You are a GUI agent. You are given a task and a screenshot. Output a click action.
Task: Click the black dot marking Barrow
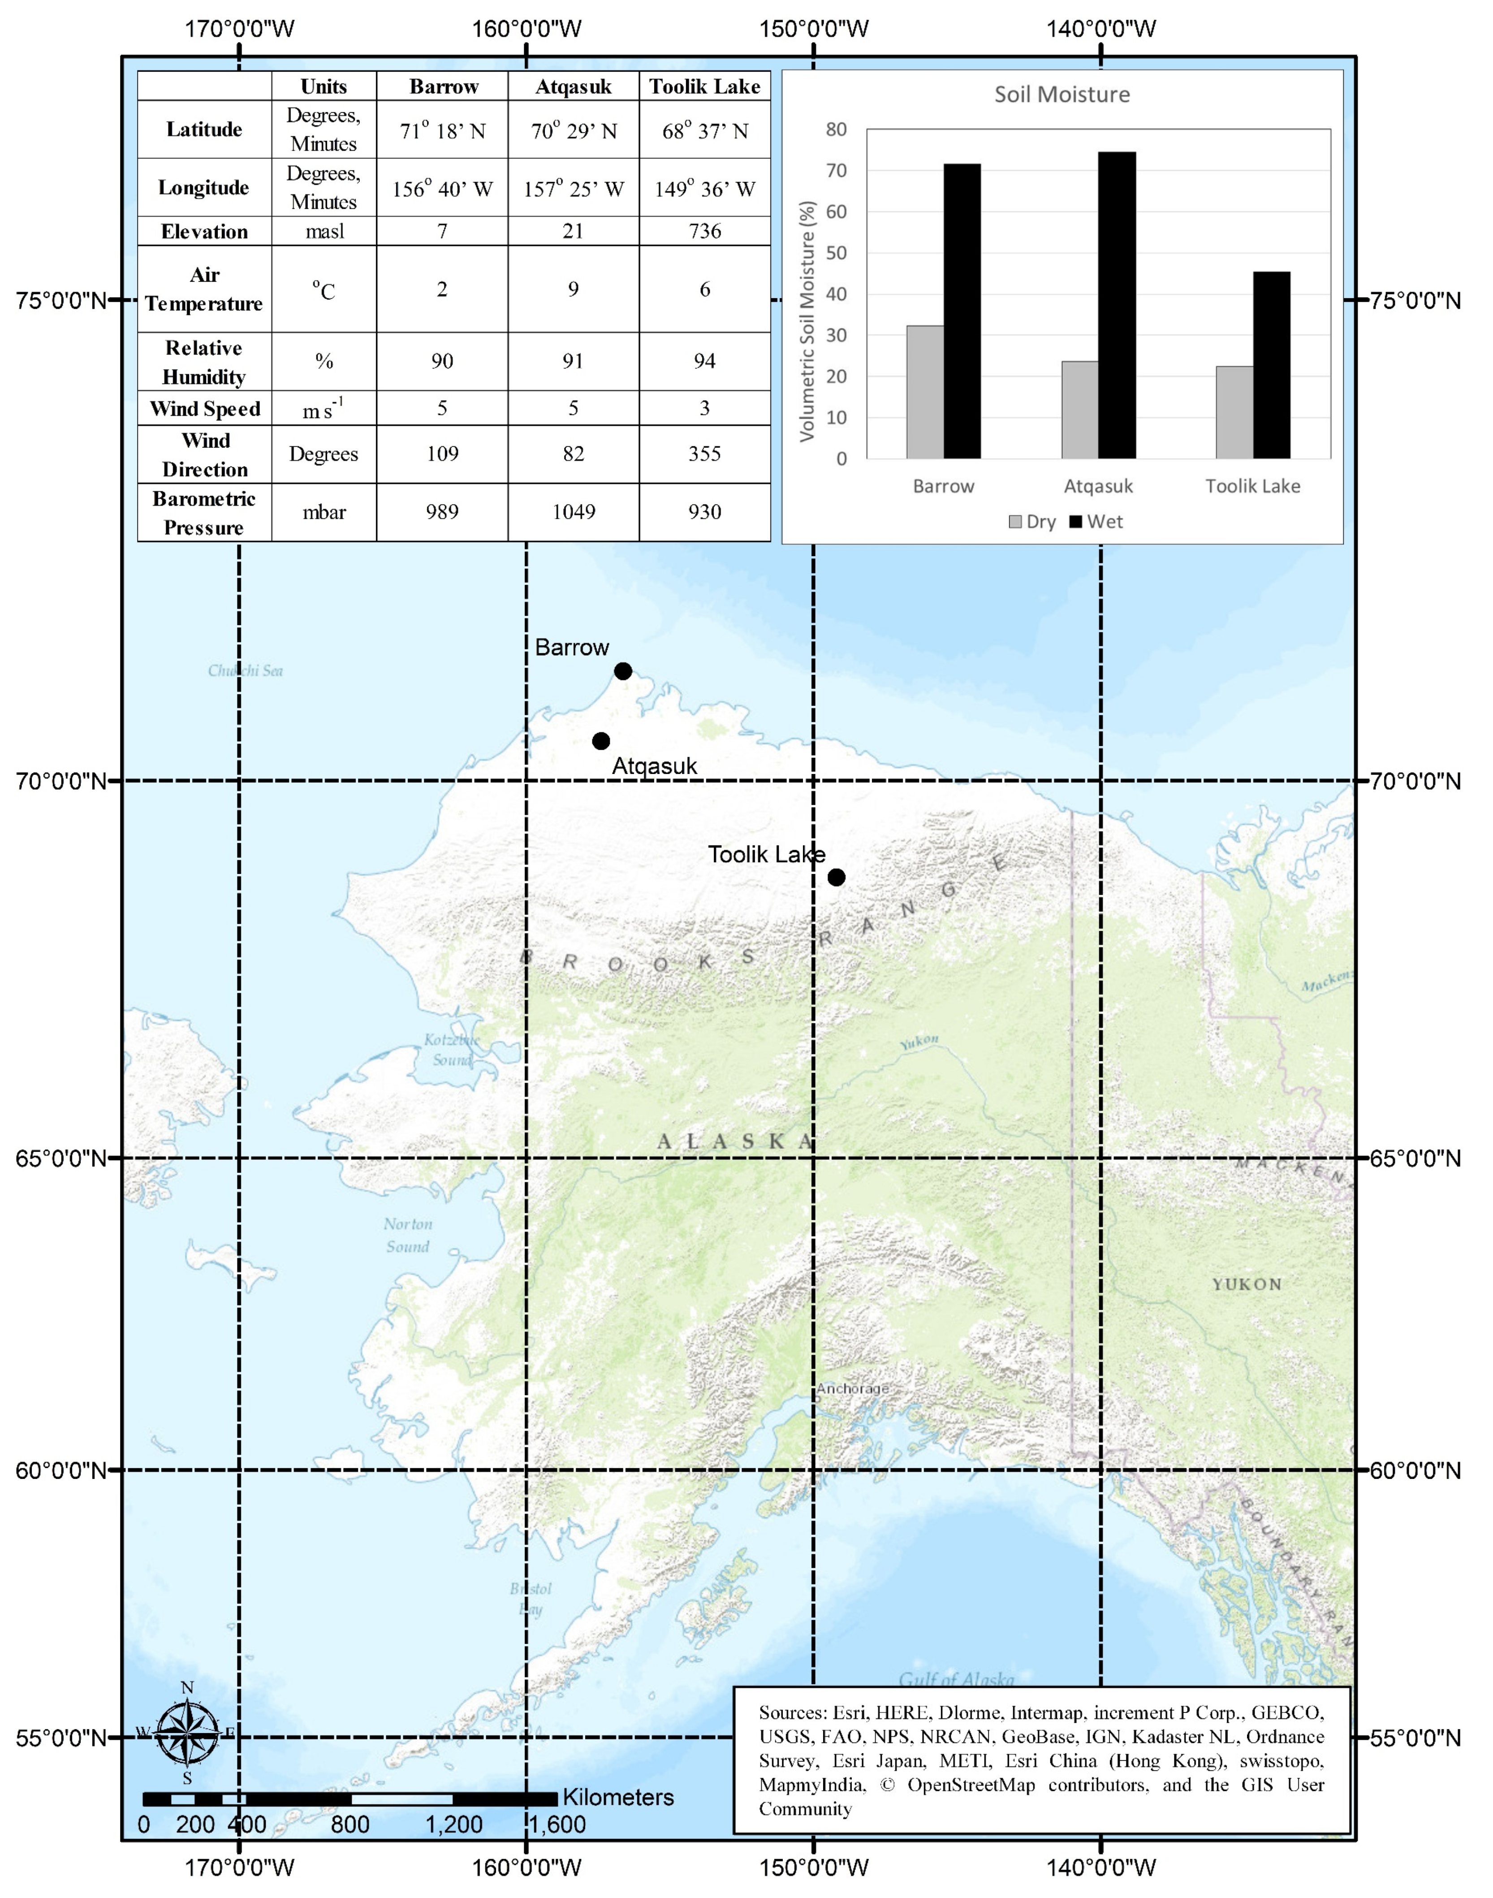[622, 671]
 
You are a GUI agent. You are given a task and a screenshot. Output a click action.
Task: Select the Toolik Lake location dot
[837, 877]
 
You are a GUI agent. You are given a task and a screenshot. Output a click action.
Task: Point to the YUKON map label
[1247, 1284]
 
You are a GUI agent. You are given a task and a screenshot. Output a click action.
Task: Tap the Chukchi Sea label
[246, 670]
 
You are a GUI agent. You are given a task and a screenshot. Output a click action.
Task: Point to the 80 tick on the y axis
[837, 130]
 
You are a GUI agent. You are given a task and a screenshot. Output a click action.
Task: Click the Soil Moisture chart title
[1062, 95]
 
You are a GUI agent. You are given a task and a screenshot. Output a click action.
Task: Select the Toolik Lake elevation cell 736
[704, 231]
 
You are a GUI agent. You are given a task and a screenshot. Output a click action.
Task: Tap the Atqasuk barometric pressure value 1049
[574, 512]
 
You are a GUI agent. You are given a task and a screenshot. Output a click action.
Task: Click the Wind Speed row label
[204, 408]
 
